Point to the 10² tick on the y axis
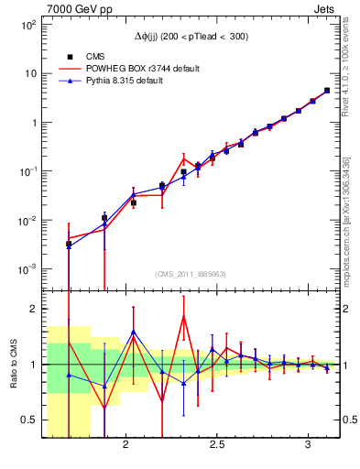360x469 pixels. point(28,25)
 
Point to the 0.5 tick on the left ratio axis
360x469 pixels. point(27,420)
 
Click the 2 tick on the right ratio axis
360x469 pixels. point(347,309)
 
